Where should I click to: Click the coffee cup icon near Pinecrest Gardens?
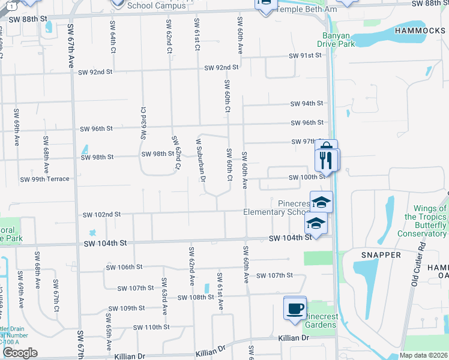295,308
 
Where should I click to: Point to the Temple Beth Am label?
299,10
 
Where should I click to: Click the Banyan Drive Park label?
336,39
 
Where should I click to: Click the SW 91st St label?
306,56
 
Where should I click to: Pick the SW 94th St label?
307,104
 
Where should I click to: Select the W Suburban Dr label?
201,160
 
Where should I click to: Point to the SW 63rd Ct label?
143,123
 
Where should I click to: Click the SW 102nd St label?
101,214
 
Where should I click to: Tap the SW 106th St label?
124,267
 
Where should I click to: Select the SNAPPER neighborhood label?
381,255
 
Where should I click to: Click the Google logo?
20,353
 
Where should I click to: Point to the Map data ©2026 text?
424,356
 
